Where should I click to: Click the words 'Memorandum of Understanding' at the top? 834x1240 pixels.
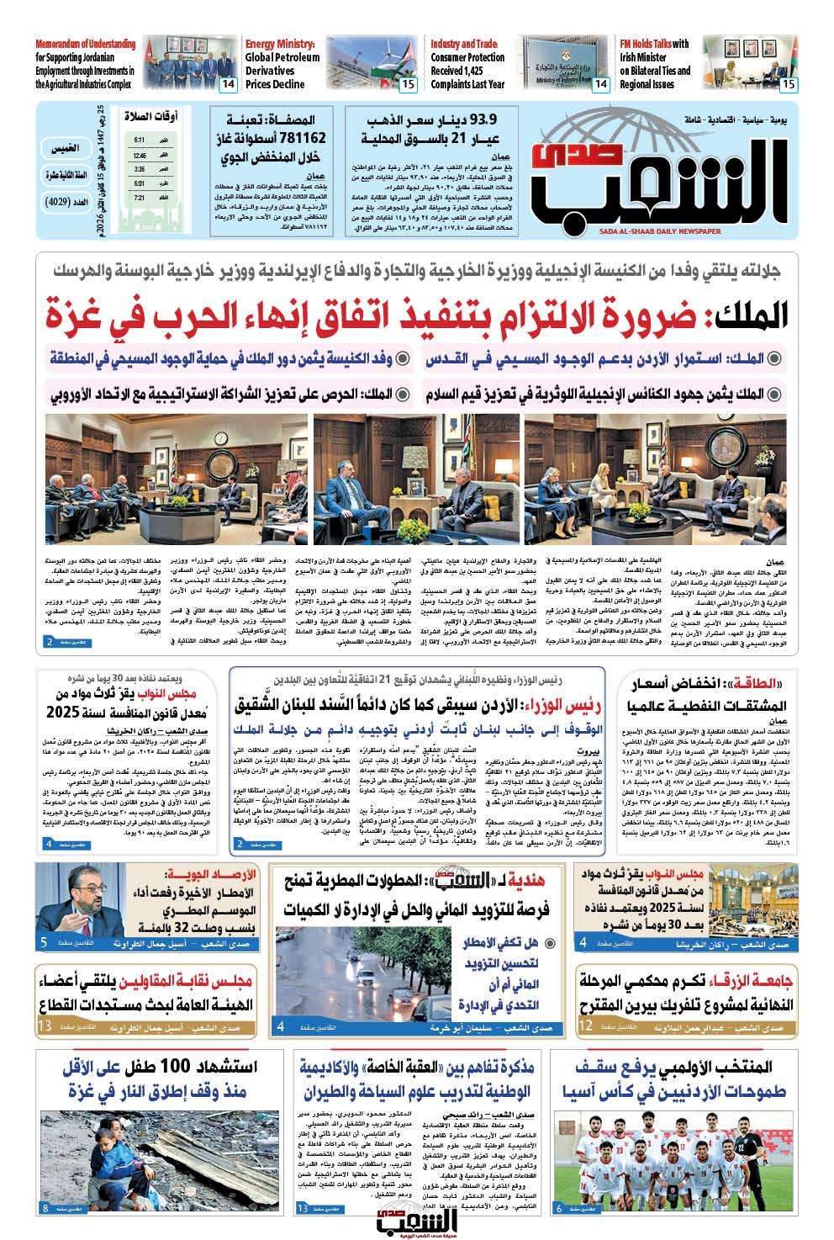[x=85, y=44]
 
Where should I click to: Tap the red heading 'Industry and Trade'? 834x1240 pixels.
[x=464, y=44]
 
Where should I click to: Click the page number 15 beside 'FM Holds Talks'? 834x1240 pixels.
[x=788, y=85]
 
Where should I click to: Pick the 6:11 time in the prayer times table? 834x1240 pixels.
[x=140, y=140]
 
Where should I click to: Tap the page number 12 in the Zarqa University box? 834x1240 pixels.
[x=587, y=1026]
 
